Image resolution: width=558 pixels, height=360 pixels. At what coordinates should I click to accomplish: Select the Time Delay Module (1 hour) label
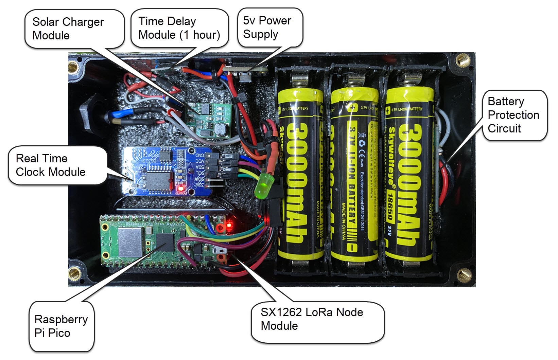tap(179, 28)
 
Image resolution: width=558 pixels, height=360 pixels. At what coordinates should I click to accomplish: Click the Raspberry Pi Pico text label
tap(61, 326)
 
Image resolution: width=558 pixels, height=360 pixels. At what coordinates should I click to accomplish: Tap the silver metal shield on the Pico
tap(130, 242)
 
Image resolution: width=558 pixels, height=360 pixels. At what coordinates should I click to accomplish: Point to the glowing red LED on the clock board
tap(180, 187)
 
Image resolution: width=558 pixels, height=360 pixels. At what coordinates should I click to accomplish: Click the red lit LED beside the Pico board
tap(229, 224)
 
